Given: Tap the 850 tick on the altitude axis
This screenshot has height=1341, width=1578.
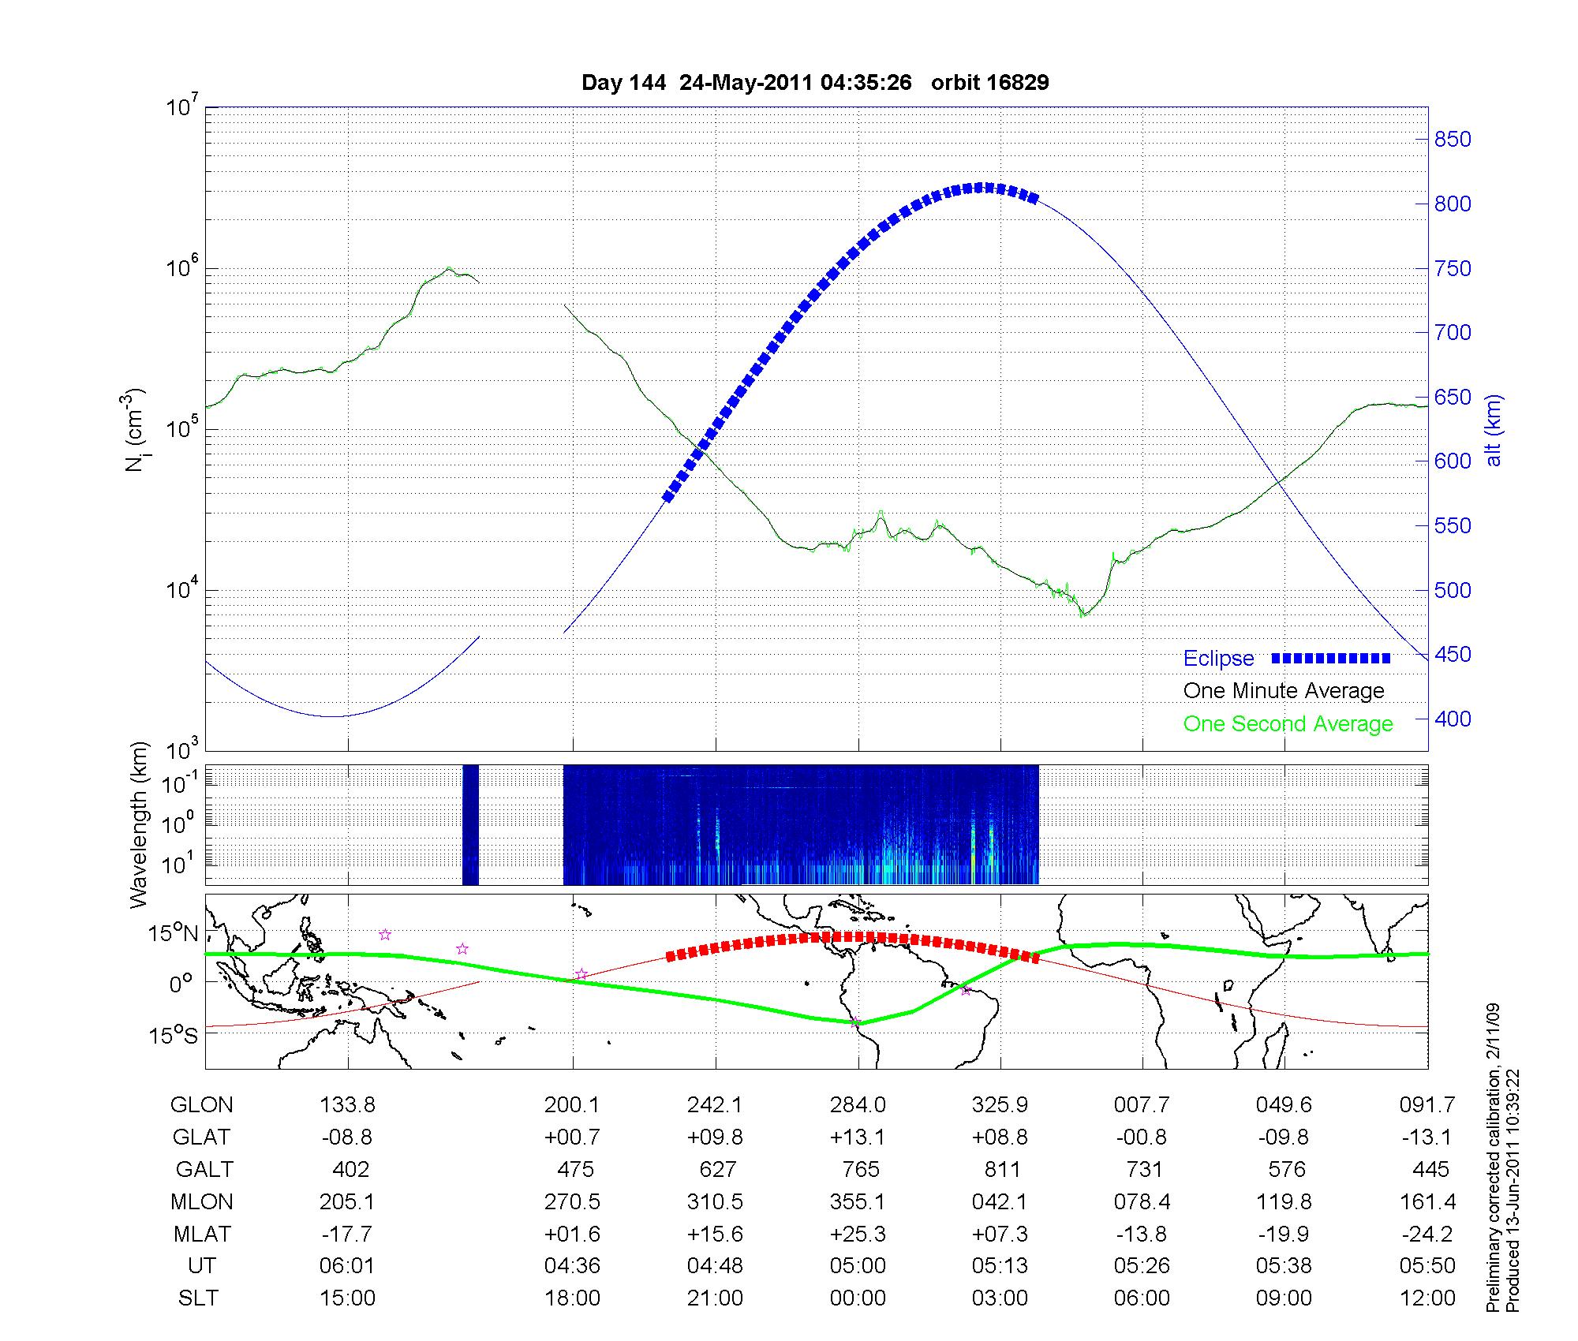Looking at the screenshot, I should click(x=1452, y=140).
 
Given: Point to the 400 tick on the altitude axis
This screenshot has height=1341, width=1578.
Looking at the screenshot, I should click(x=1452, y=719).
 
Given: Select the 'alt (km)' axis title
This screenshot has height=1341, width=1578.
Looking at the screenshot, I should click(x=1494, y=430).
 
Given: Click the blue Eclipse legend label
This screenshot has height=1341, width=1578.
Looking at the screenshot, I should click(x=1218, y=659).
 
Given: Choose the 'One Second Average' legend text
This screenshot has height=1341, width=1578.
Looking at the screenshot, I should click(x=1288, y=724).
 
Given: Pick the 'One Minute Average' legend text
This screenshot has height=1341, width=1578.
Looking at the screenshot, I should click(x=1284, y=691).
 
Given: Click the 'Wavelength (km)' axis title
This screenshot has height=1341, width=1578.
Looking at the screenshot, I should click(x=139, y=824).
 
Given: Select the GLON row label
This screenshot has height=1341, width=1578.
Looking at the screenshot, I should click(x=201, y=1105).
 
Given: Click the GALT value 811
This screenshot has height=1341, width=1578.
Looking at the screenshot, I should click(x=1002, y=1169).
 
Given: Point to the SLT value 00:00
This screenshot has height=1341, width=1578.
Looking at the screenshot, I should click(x=858, y=1298).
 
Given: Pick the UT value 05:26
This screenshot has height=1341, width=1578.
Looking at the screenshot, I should click(x=1142, y=1265).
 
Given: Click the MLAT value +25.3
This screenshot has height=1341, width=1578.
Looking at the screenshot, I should click(x=858, y=1234).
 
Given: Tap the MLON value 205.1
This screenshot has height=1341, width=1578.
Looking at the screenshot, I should click(x=347, y=1201).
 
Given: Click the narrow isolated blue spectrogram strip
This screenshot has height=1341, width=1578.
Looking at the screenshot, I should click(x=470, y=824).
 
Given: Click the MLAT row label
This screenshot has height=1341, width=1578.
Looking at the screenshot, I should click(x=202, y=1234).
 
